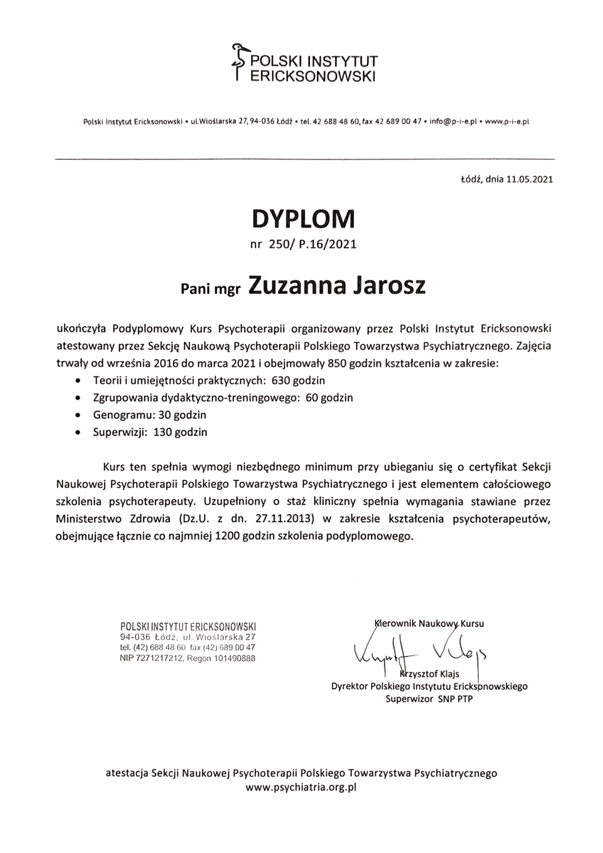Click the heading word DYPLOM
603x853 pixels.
pos(303,218)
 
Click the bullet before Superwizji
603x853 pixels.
pos(78,433)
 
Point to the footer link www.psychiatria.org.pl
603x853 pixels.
pos(301,788)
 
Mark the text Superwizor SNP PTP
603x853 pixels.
pos(429,698)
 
